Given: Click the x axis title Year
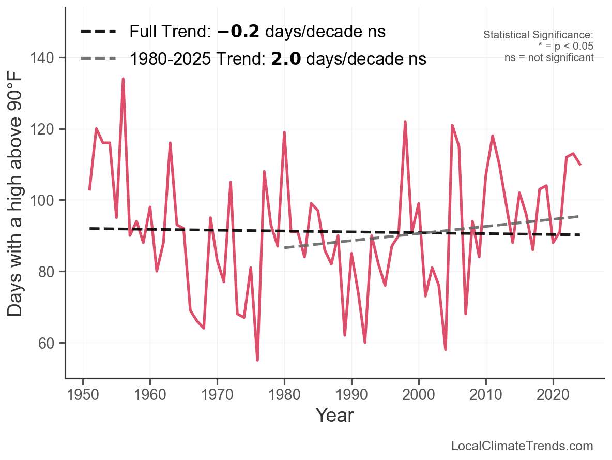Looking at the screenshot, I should (x=334, y=415).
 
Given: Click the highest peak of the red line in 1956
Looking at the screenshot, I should (x=123, y=79).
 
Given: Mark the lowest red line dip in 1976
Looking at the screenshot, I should (x=257, y=360).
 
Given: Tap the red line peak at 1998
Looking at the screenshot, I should (x=405, y=122).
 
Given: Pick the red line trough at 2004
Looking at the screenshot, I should (x=446, y=349).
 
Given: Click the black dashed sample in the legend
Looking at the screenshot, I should (x=98, y=32).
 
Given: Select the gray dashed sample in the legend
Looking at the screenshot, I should (x=98, y=59).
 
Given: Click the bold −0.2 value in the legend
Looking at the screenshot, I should (x=239, y=32).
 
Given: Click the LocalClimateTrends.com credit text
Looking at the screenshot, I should (x=522, y=446).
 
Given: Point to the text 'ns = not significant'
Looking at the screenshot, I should (x=549, y=57).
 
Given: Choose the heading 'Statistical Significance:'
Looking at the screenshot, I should (x=538, y=35).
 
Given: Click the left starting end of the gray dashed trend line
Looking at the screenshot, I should (x=285, y=248).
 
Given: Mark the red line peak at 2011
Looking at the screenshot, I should (x=493, y=136).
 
